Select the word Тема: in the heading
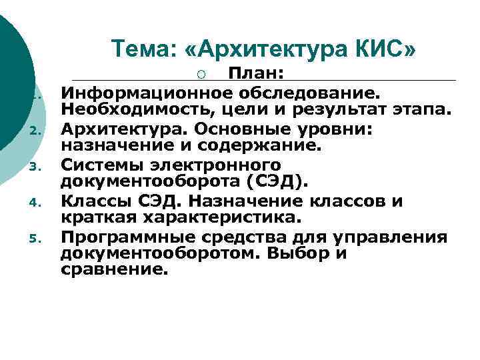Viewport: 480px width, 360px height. coord(141,49)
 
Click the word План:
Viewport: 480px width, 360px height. coord(257,74)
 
